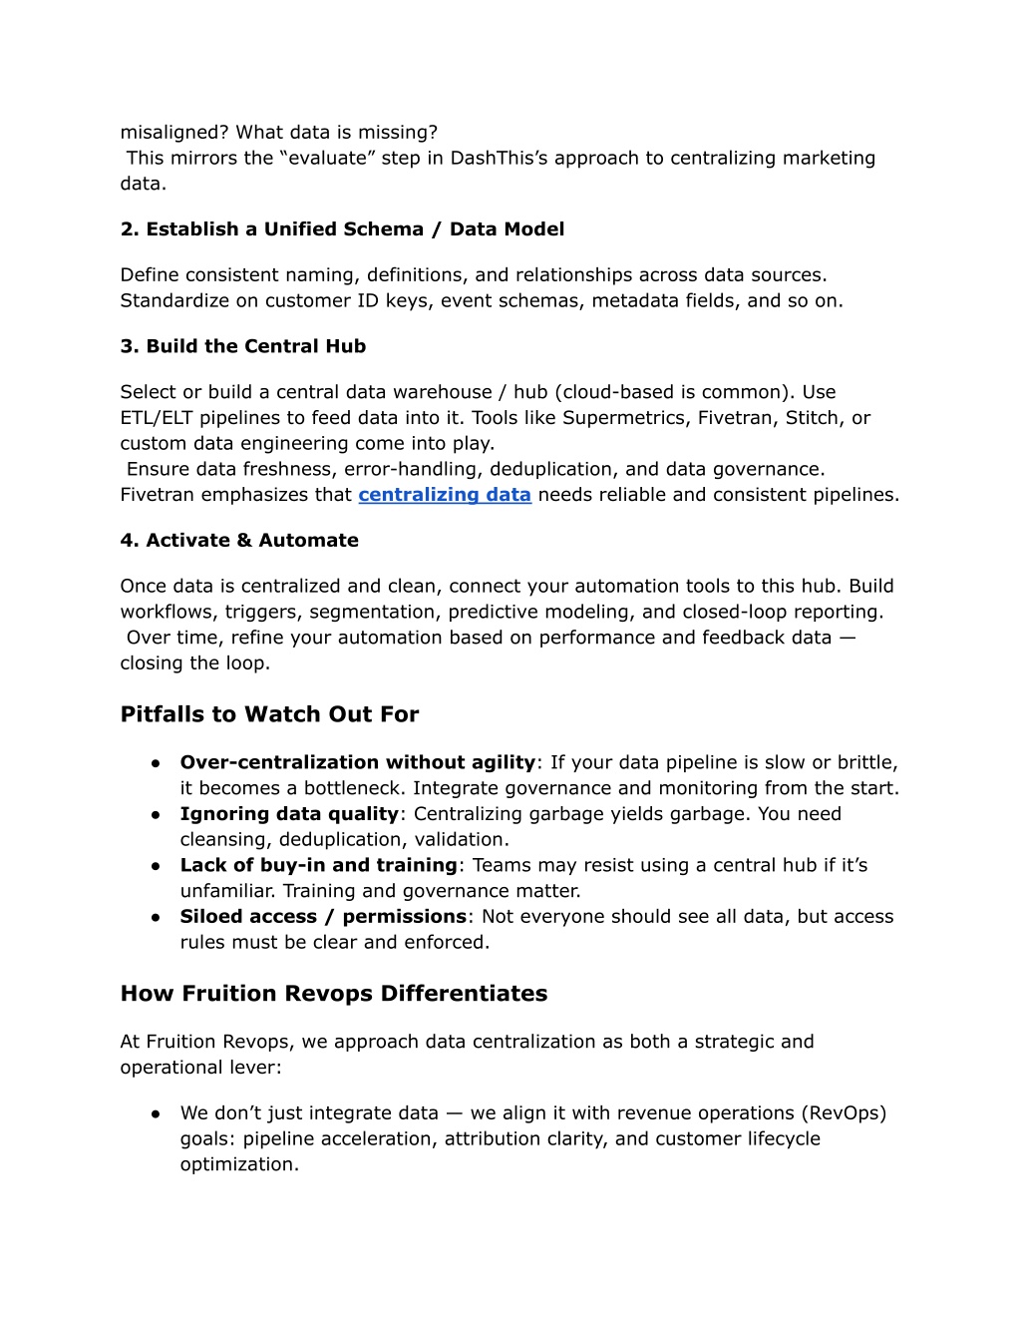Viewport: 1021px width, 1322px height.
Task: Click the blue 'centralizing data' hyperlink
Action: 445,495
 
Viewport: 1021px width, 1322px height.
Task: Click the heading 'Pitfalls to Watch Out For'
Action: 269,714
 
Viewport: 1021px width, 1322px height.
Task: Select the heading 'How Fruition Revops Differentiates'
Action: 333,994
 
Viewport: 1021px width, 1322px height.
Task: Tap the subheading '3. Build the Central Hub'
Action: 242,346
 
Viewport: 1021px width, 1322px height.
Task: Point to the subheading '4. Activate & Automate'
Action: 239,540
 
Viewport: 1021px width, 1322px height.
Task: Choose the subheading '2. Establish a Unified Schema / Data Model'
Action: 342,229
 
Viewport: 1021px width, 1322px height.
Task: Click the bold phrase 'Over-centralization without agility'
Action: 357,762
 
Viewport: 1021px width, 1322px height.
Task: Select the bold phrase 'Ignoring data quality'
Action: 289,814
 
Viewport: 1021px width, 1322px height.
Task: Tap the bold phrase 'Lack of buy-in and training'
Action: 318,865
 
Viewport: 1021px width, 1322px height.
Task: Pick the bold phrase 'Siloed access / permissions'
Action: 323,916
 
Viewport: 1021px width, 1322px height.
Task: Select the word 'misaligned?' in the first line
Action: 174,133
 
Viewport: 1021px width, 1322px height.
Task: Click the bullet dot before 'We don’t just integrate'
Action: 157,1113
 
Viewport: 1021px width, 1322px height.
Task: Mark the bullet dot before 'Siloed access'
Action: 157,917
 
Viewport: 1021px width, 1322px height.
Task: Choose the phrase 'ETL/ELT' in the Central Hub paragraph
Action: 156,418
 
